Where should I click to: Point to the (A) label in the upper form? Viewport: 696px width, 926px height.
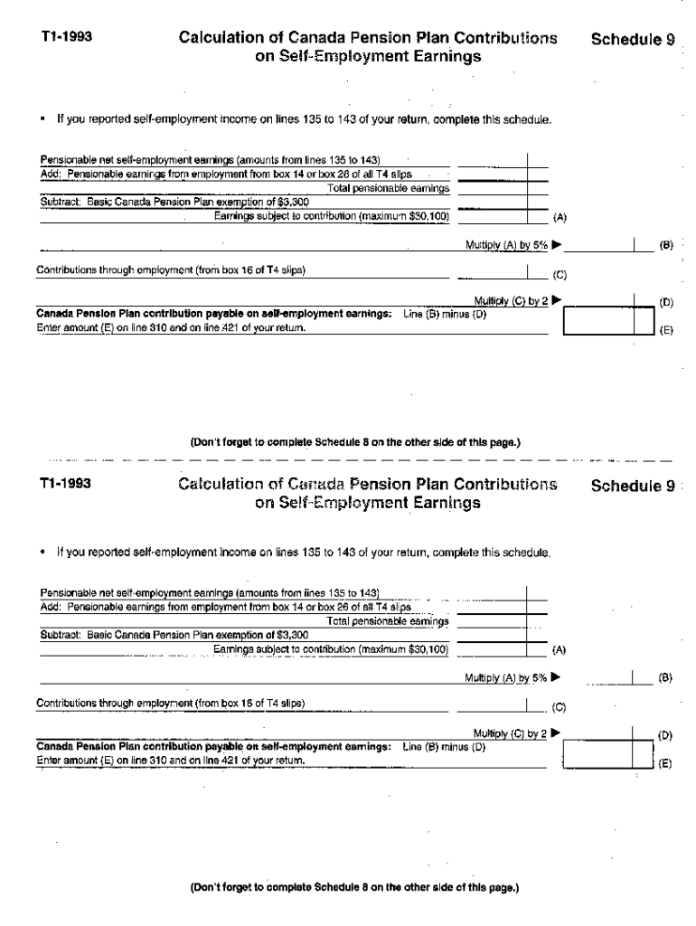(560, 218)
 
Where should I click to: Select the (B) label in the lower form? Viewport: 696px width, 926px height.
(665, 677)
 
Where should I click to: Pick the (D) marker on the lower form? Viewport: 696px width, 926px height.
(665, 737)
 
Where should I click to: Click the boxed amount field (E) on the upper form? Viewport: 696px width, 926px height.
(598, 322)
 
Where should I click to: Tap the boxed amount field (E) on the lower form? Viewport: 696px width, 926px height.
(598, 753)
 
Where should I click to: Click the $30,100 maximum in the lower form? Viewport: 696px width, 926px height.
(428, 648)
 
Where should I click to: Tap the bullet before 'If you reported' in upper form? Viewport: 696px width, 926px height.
(42, 118)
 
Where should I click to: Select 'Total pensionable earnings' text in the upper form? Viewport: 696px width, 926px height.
(388, 188)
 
